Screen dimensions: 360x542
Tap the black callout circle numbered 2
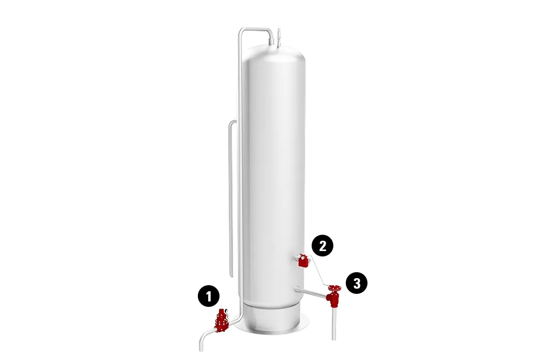coord(322,246)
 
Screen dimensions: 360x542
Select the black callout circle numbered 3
coord(357,283)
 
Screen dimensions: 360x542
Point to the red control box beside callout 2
coord(304,262)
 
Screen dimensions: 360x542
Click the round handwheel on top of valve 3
coord(334,288)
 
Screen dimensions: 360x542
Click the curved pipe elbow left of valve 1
coord(204,339)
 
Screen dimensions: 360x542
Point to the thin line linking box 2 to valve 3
coord(320,274)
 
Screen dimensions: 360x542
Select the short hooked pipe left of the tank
coord(231,190)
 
